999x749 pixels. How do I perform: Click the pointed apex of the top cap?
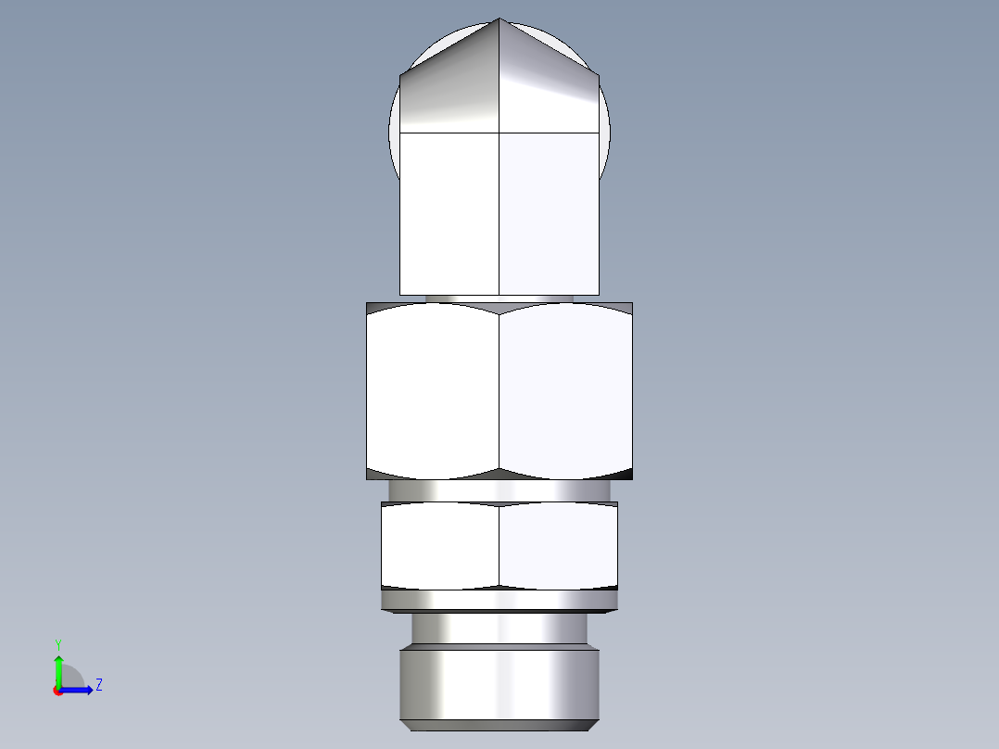pyautogui.click(x=499, y=19)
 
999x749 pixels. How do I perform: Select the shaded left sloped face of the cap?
pyautogui.click(x=450, y=93)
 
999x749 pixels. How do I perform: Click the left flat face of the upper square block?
pyautogui.click(x=449, y=213)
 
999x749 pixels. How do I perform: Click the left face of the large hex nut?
pyautogui.click(x=433, y=389)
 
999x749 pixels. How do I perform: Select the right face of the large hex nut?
pyautogui.click(x=565, y=389)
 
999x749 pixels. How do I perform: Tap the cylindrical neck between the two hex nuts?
pyautogui.click(x=499, y=490)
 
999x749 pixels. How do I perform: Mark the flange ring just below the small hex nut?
pyautogui.click(x=499, y=602)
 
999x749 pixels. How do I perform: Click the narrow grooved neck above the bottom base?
pyautogui.click(x=499, y=630)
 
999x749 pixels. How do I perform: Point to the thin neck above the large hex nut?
pyautogui.click(x=499, y=298)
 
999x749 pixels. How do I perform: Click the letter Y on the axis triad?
pyautogui.click(x=57, y=644)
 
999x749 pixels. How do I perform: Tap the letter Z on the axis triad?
pyautogui.click(x=98, y=685)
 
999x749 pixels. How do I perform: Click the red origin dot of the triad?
pyautogui.click(x=57, y=691)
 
